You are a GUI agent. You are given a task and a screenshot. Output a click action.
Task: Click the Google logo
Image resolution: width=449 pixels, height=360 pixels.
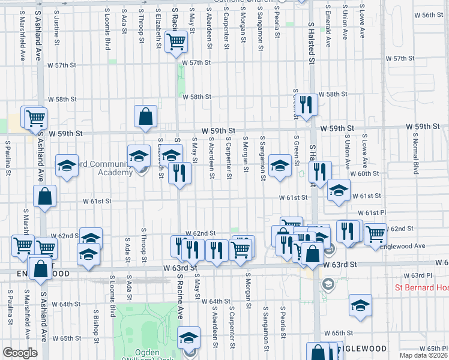pos(20,353)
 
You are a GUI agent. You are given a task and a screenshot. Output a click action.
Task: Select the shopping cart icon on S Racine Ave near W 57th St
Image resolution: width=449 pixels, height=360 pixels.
pos(176,42)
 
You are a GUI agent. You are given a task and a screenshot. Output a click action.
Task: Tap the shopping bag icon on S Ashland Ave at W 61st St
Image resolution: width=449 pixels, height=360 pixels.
pos(45,196)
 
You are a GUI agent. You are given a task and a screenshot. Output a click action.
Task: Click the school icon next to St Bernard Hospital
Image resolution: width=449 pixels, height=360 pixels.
pos(360,306)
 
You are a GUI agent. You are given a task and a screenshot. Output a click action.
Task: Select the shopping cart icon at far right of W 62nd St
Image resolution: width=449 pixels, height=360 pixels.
pos(375,233)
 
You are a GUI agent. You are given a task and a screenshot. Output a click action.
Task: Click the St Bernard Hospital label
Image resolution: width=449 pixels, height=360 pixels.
pos(420,288)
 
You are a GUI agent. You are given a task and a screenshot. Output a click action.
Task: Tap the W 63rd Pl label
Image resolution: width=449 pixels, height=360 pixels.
pos(414,275)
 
